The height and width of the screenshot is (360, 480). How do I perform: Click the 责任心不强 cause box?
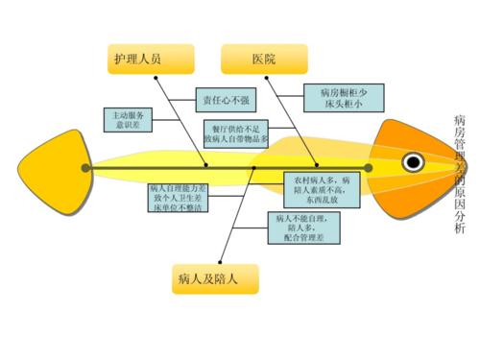pyautogui.click(x=223, y=99)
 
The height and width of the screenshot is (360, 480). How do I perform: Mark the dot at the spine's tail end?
pyautogui.click(x=86, y=168)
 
